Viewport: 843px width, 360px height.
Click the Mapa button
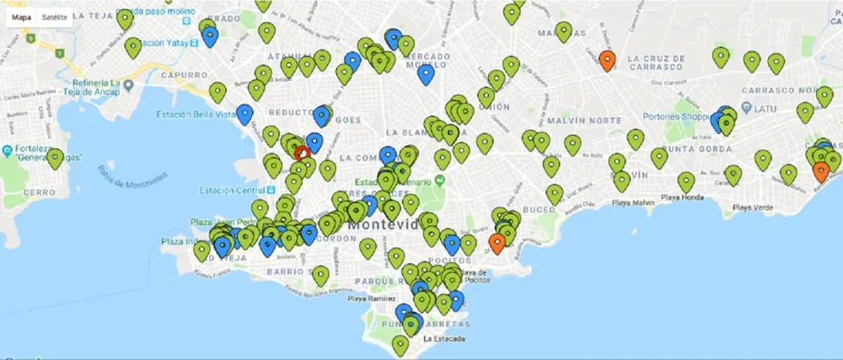pos(21,16)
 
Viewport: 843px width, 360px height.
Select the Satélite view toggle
pos(55,16)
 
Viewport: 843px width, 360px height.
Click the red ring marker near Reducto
pos(302,153)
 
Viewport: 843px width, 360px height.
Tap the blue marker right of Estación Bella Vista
pos(244,113)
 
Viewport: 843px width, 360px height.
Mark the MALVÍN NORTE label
pos(577,121)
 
